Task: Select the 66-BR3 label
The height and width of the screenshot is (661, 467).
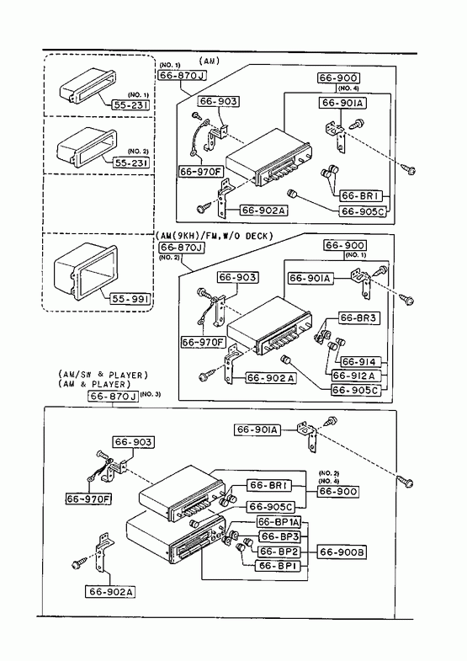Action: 358,318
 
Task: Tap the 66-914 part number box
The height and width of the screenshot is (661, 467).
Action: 358,362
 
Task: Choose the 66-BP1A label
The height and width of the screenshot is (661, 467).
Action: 279,522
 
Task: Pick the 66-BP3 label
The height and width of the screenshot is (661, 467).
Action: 279,536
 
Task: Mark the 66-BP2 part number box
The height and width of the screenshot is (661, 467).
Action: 279,552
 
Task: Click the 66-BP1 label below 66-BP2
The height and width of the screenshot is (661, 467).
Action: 278,566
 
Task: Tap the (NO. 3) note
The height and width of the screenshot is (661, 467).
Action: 151,395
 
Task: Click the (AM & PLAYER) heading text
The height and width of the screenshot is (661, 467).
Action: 94,385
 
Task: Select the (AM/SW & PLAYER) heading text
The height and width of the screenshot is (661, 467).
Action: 103,375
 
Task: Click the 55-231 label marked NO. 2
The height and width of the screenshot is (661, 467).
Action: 131,163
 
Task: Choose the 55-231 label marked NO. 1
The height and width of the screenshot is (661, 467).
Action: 130,105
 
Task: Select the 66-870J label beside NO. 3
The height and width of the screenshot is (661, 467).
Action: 114,397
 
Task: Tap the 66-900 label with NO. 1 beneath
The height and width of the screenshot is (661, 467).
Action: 344,245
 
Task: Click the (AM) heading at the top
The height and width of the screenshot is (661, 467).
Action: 210,61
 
